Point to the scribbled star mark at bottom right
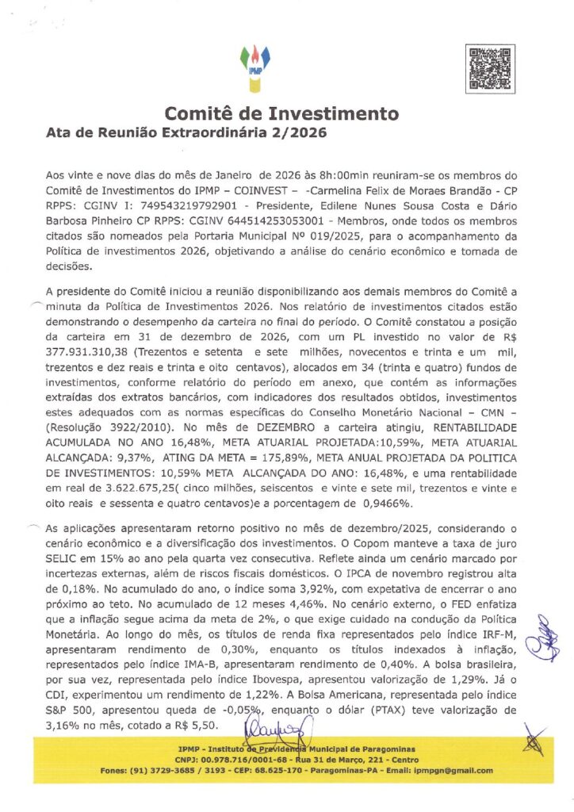coord(535,744)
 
